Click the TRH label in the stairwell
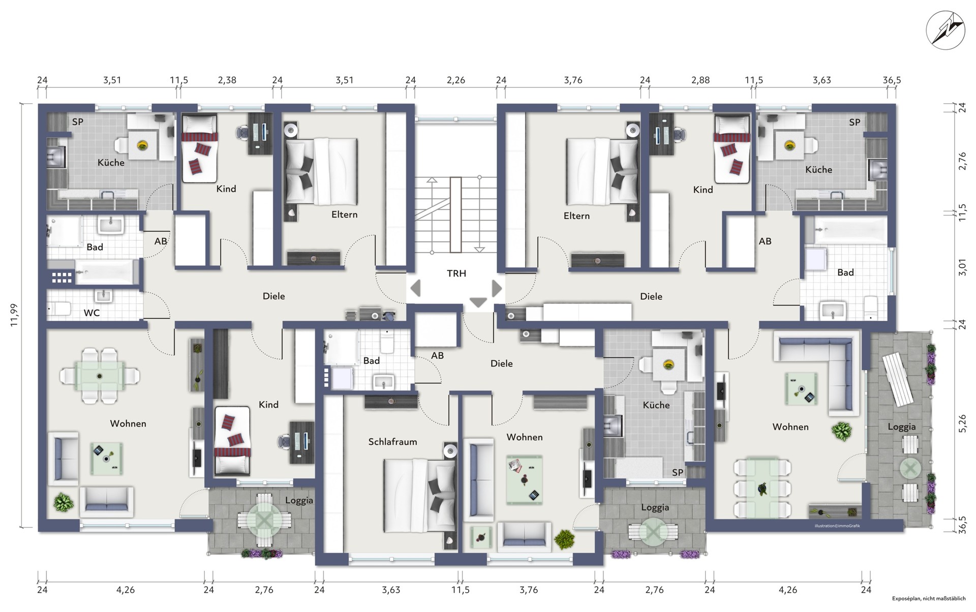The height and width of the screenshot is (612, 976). [x=456, y=273]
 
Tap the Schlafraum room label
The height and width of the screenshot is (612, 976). [x=392, y=442]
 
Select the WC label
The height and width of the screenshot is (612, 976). [x=91, y=313]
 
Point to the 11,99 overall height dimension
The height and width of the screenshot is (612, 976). [x=14, y=316]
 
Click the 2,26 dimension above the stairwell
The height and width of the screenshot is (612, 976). [x=455, y=80]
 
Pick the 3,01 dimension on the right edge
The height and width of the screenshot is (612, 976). [x=962, y=267]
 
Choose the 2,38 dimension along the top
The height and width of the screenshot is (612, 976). [x=227, y=80]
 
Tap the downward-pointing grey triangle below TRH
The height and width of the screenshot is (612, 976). [x=478, y=302]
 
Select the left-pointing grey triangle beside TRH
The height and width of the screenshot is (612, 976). [x=416, y=288]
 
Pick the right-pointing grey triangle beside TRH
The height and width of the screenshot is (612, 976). [x=497, y=288]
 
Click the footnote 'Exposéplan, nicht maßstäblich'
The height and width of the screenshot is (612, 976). [x=929, y=599]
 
